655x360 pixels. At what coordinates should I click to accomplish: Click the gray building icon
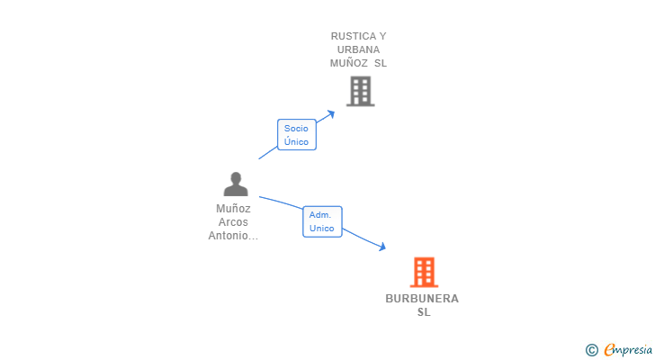(360, 91)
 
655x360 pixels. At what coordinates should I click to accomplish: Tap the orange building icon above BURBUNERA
(424, 272)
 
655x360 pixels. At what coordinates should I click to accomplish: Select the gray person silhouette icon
(236, 184)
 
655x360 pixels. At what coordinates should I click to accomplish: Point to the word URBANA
(358, 49)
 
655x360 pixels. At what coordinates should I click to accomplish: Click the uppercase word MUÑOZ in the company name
(349, 63)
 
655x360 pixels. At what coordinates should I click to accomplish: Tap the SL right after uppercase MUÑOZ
(381, 63)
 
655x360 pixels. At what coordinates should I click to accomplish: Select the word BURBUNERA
(422, 299)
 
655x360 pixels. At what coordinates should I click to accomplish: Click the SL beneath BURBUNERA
(423, 312)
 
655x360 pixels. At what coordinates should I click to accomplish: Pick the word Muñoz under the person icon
(233, 209)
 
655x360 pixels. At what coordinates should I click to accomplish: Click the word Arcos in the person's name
(233, 222)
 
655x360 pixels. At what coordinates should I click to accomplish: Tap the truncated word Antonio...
(233, 236)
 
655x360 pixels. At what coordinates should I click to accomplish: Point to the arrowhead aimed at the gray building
(331, 113)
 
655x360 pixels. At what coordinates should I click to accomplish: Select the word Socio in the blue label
(296, 128)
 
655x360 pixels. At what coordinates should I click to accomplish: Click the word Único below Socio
(296, 141)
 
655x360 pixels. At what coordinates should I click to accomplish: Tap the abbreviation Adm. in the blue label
(320, 214)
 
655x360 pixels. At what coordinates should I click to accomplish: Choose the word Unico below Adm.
(321, 228)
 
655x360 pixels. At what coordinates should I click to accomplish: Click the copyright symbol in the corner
(591, 350)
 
